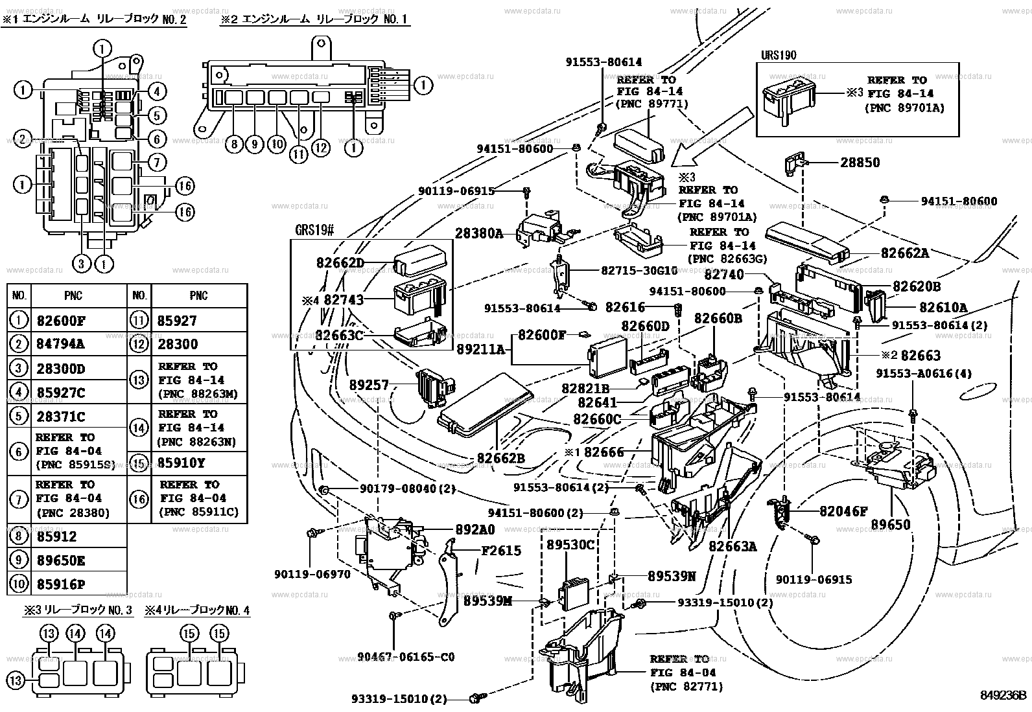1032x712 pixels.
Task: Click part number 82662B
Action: click(500, 457)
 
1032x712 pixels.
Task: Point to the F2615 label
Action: click(500, 551)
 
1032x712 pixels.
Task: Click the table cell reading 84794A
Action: click(61, 344)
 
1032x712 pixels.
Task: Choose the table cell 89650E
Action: click(61, 560)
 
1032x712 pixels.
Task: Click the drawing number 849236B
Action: click(1003, 696)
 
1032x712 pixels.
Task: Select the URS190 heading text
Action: click(779, 55)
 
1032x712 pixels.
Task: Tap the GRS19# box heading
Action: click(315, 231)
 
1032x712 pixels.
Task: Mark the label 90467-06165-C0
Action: click(406, 657)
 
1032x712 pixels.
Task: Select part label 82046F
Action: click(843, 511)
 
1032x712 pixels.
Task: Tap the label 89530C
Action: click(570, 545)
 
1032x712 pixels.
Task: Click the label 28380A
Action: click(478, 234)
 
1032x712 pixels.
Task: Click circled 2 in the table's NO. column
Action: click(19, 344)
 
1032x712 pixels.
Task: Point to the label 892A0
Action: click(475, 530)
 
